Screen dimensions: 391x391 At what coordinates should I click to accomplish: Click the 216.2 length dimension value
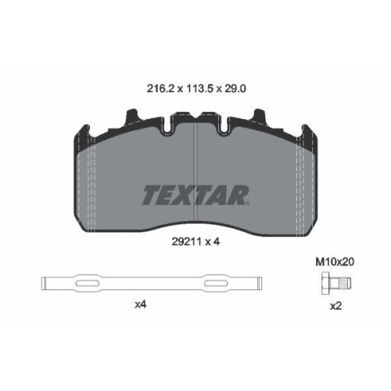click(160, 89)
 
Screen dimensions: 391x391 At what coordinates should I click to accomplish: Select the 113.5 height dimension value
click(200, 89)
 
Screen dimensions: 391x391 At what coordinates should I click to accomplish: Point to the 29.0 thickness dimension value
click(235, 89)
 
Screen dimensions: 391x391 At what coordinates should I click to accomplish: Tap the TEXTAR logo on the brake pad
click(195, 195)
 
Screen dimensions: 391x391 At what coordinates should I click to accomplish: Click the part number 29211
click(187, 242)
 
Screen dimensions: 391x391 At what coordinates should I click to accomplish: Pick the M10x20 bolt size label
click(335, 262)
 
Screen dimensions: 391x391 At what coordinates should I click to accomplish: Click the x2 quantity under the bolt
click(335, 306)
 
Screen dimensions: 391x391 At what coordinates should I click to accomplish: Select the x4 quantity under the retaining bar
click(141, 304)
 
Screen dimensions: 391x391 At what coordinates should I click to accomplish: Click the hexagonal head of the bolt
click(325, 283)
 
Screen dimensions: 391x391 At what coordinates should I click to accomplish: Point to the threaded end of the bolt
click(346, 283)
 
